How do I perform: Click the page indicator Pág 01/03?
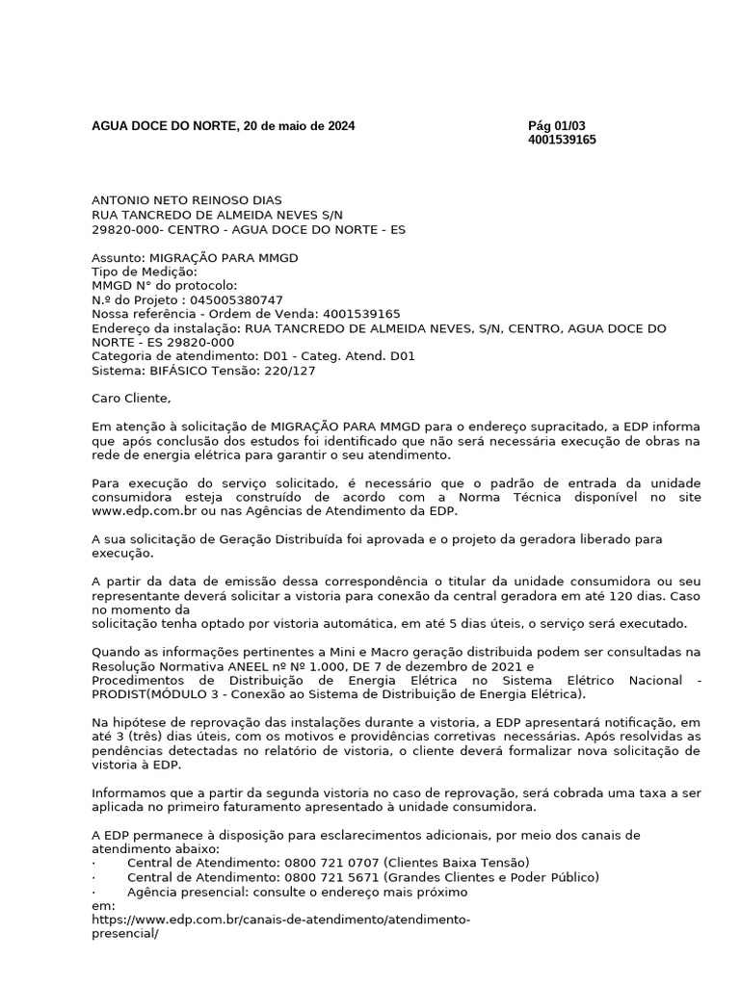556,125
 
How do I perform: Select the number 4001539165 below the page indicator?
562,140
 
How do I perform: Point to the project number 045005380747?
236,300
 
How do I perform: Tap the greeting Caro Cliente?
130,398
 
